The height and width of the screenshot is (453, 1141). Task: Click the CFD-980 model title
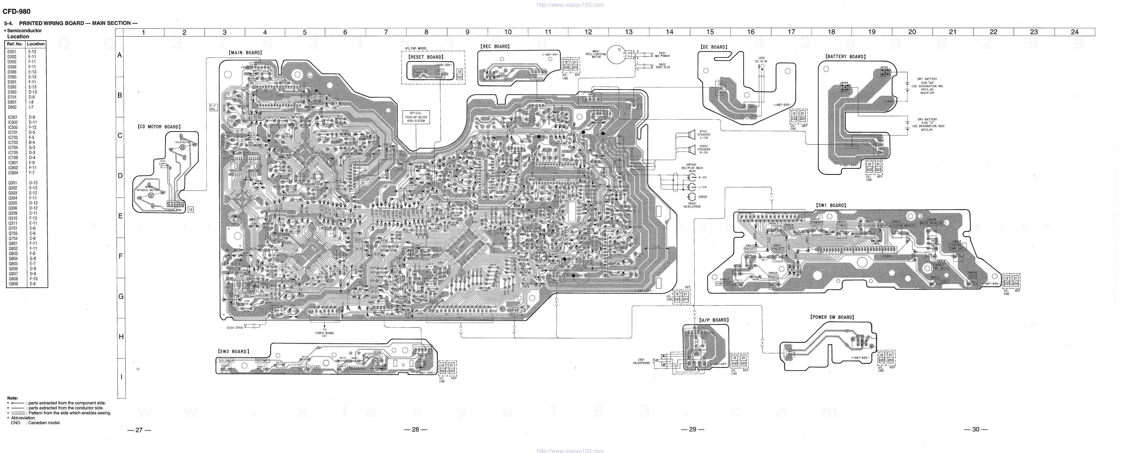(x=17, y=11)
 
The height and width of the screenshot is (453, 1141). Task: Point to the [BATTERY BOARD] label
(x=845, y=57)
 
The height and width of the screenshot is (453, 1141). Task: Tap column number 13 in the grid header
(x=629, y=32)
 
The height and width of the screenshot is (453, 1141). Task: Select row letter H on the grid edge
(x=120, y=337)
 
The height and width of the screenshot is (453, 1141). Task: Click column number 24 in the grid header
(x=1074, y=32)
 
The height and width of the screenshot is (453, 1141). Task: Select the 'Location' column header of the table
(x=35, y=44)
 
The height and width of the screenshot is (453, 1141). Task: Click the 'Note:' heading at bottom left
(x=12, y=398)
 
